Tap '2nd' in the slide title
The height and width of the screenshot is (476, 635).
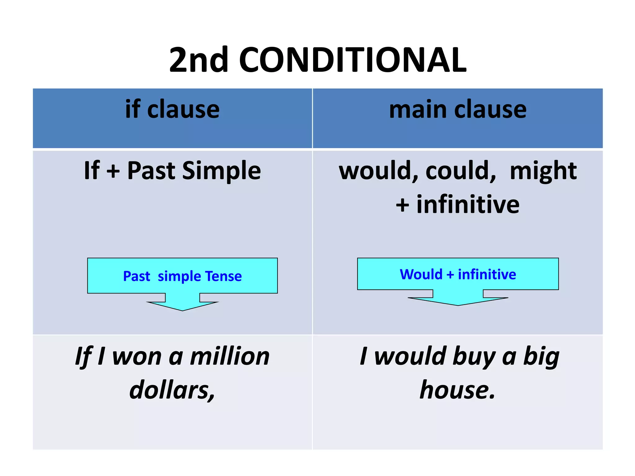point(199,60)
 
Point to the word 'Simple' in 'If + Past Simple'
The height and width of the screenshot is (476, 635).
point(221,171)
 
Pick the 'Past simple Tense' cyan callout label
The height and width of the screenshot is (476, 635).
point(182,276)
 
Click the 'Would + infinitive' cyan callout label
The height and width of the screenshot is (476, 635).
point(458,274)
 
